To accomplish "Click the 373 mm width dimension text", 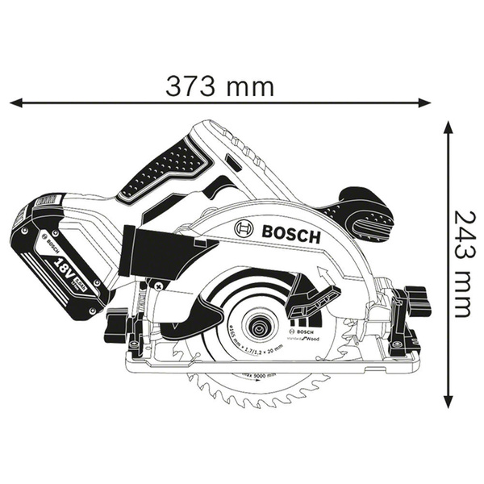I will (x=219, y=85).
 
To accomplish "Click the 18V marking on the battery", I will (x=63, y=266).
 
